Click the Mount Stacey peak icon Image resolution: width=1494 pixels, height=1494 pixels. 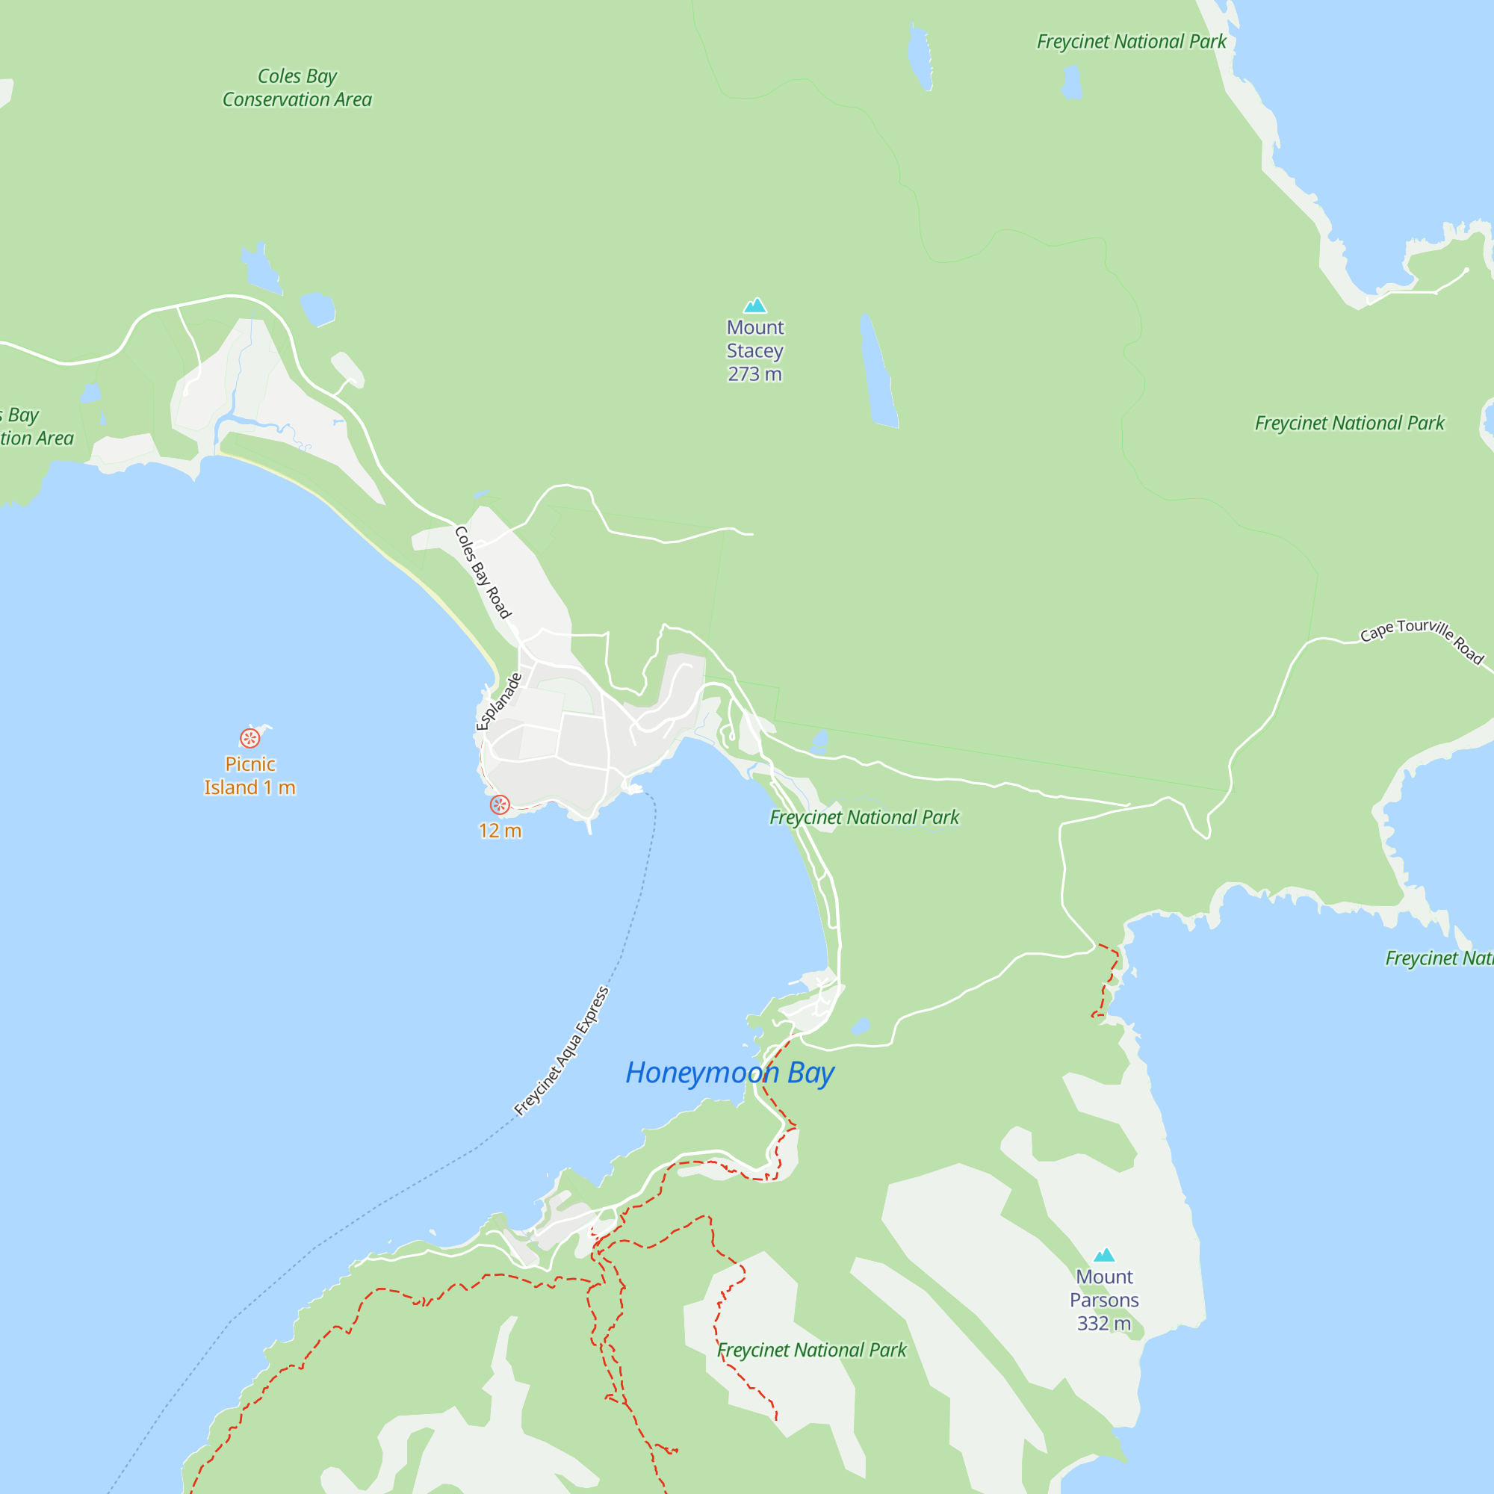tap(754, 306)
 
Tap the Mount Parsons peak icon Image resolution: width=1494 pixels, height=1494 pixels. tap(1103, 1255)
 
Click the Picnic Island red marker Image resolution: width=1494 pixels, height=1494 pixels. tap(249, 738)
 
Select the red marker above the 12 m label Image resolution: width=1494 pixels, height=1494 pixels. tap(500, 805)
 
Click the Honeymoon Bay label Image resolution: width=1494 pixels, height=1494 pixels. tap(729, 1073)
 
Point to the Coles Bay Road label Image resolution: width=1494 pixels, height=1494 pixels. tap(483, 573)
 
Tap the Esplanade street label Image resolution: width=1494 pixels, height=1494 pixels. tap(499, 701)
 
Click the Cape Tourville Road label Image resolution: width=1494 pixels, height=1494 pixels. tap(1422, 639)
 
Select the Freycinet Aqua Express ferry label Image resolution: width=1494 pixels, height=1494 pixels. tap(562, 1051)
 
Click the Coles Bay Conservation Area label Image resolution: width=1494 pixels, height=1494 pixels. tap(297, 88)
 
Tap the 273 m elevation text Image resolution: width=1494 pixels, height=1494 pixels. tap(754, 374)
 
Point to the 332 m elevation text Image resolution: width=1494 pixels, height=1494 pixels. tap(1103, 1324)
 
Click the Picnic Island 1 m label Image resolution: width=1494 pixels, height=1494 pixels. tap(249, 775)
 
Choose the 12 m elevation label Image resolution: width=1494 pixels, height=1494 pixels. tap(500, 831)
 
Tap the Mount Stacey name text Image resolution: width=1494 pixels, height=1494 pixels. tap(754, 339)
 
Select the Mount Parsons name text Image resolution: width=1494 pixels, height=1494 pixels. tap(1103, 1289)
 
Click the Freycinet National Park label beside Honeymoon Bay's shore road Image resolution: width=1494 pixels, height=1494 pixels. tap(864, 817)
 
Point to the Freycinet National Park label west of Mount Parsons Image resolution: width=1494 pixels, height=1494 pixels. tap(811, 1350)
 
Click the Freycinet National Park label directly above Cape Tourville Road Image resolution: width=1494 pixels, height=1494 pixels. tap(1349, 423)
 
